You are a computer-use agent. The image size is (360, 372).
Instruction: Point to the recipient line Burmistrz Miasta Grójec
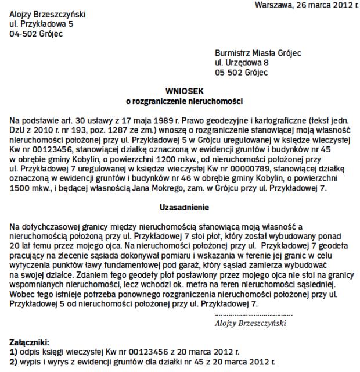click(258, 53)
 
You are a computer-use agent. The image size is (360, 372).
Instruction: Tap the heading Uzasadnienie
click(183, 207)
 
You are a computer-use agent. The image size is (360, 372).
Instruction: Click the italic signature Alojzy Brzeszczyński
click(250, 321)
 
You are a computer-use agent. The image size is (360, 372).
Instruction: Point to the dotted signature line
click(250, 314)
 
